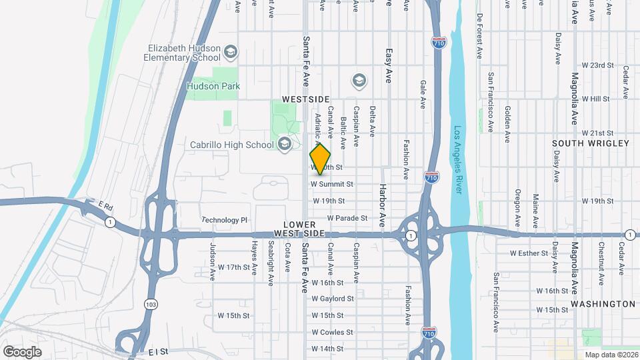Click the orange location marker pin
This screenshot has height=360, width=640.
(321, 159)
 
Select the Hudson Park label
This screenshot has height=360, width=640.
(213, 86)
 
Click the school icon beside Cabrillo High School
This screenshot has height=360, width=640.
(285, 144)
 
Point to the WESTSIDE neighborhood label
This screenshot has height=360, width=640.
(305, 99)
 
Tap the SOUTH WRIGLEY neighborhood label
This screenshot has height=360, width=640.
(591, 143)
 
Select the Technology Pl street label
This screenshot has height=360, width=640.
(225, 220)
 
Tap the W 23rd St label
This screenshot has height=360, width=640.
(597, 65)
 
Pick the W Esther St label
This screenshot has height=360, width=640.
(528, 253)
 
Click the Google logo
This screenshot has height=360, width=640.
(22, 351)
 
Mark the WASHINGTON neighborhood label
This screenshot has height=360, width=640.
(602, 304)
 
